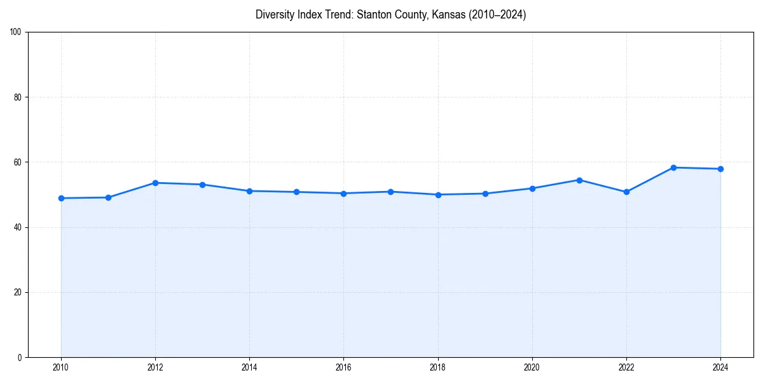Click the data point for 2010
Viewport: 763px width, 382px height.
(61, 198)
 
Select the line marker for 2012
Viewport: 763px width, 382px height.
(155, 183)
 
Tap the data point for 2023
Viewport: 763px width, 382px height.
(673, 167)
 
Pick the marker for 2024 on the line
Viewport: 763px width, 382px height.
(720, 169)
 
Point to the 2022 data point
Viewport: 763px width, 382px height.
(626, 192)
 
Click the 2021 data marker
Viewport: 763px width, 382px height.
(579, 180)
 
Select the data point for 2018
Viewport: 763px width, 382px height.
(438, 195)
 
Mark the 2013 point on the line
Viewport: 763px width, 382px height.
(202, 185)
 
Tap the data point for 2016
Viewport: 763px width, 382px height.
(343, 194)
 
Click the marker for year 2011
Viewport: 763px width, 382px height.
(108, 197)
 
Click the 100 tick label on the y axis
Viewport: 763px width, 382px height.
(15, 32)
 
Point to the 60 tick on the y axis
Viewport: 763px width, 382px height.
(17, 162)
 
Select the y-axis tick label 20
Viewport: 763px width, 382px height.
(17, 292)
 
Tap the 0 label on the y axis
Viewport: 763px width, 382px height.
(19, 357)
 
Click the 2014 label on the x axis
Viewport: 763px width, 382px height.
(249, 367)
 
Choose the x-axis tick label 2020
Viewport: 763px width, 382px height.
(532, 367)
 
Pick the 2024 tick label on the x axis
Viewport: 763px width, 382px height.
(720, 367)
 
